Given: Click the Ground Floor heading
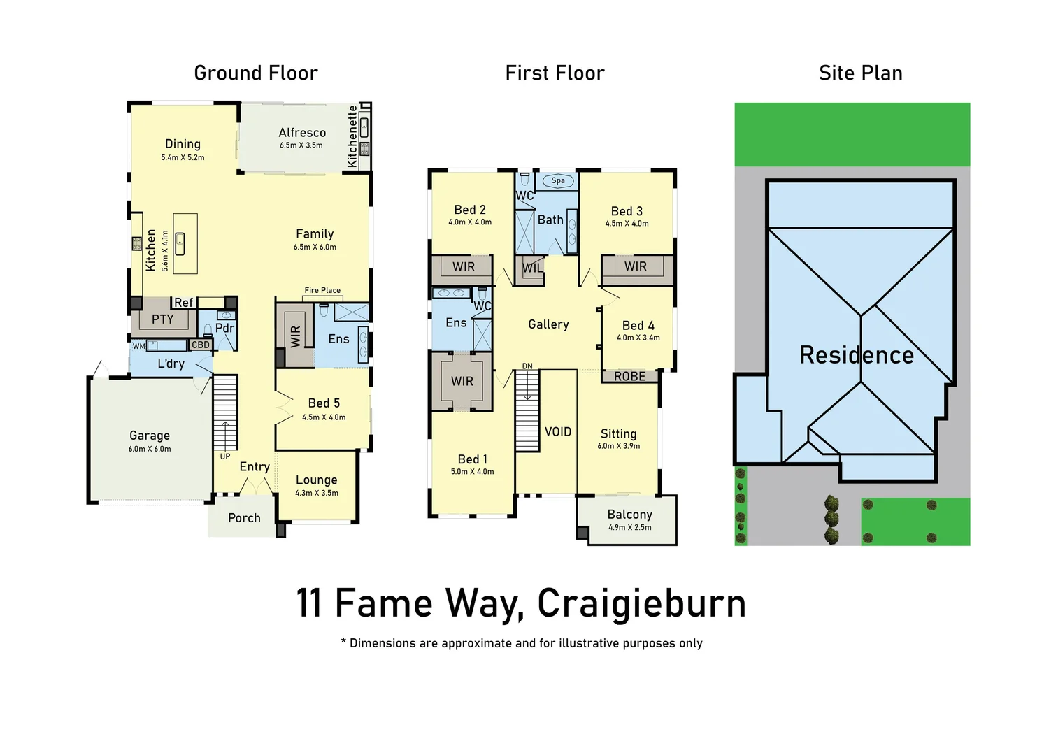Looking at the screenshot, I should pyautogui.click(x=255, y=73).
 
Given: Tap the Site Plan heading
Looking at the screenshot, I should pyautogui.click(x=860, y=73).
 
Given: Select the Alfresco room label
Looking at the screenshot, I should pyautogui.click(x=302, y=133).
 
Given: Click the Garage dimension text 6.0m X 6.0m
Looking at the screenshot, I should pyautogui.click(x=150, y=449).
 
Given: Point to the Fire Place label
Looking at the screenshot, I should pyautogui.click(x=322, y=290).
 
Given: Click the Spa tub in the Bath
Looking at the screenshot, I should pyautogui.click(x=558, y=180).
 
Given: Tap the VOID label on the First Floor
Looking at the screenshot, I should pyautogui.click(x=558, y=432).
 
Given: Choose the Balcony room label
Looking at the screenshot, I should pyautogui.click(x=629, y=515).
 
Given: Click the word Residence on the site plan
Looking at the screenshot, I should pyautogui.click(x=857, y=355).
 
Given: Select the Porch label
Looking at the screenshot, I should pyautogui.click(x=244, y=518).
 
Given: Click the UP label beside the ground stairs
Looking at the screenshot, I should pyautogui.click(x=225, y=456).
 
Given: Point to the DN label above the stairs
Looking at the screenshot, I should pyautogui.click(x=527, y=366).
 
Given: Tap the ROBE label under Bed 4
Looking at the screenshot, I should pyautogui.click(x=629, y=377).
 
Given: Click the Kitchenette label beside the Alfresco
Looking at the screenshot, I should pyautogui.click(x=352, y=136).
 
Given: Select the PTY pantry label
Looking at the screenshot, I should pyautogui.click(x=162, y=319).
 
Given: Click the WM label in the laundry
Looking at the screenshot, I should pyautogui.click(x=139, y=346).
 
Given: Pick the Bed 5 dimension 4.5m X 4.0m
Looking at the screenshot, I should pyautogui.click(x=324, y=417).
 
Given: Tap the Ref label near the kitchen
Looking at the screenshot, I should pyautogui.click(x=183, y=303).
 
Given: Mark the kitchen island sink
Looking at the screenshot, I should pyautogui.click(x=180, y=244).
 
